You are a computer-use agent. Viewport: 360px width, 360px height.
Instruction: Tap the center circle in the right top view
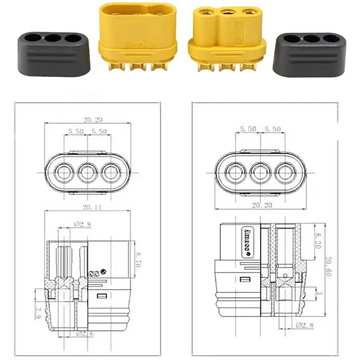tap(260, 172)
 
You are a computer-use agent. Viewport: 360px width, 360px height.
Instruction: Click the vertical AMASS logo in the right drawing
tap(247, 241)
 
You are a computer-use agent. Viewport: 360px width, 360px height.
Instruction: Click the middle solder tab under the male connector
tap(136, 67)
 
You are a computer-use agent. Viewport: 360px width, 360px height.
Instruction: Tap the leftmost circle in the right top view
tap(236, 172)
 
